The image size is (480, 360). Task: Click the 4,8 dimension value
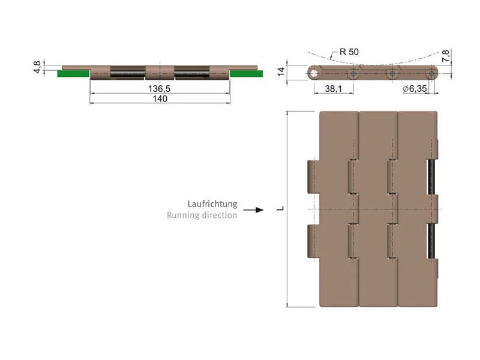pos(37,67)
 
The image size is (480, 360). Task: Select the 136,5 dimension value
pos(159,89)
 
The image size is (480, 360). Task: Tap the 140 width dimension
pos(160,98)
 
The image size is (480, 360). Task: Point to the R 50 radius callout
pos(349,52)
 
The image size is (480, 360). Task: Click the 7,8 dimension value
pos(446,56)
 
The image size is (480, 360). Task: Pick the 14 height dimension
pos(281,72)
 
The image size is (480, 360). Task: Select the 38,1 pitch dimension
pos(334,89)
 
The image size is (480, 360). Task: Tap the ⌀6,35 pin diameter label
pos(415,89)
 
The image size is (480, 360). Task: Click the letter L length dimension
pos(280,208)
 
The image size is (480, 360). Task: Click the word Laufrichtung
pos(212,204)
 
